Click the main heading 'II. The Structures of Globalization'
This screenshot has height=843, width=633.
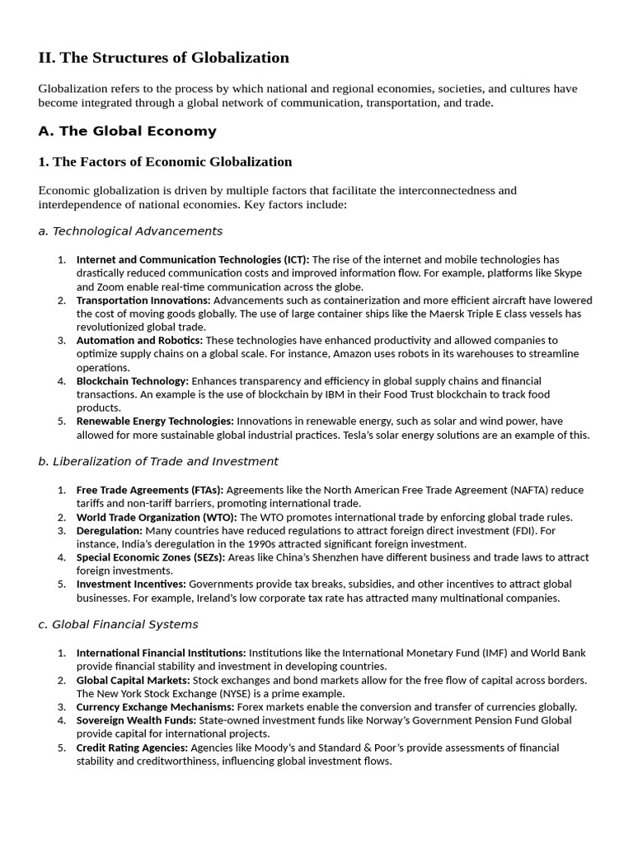[x=163, y=58]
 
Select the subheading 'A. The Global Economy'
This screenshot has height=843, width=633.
[x=127, y=131]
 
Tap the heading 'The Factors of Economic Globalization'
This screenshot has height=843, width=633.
[x=165, y=161]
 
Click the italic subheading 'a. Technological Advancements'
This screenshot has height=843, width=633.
[x=130, y=231]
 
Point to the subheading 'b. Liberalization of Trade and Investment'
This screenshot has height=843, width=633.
[x=158, y=461]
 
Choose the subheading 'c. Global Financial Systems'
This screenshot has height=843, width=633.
[x=118, y=624]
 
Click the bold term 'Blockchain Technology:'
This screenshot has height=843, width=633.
[x=133, y=380]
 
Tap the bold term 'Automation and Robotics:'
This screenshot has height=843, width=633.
[x=139, y=340]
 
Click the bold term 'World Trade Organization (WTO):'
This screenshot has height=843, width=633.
[x=157, y=517]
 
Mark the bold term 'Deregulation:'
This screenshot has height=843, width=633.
[x=109, y=530]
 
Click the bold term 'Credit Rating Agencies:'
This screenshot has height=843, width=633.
[x=132, y=748]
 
